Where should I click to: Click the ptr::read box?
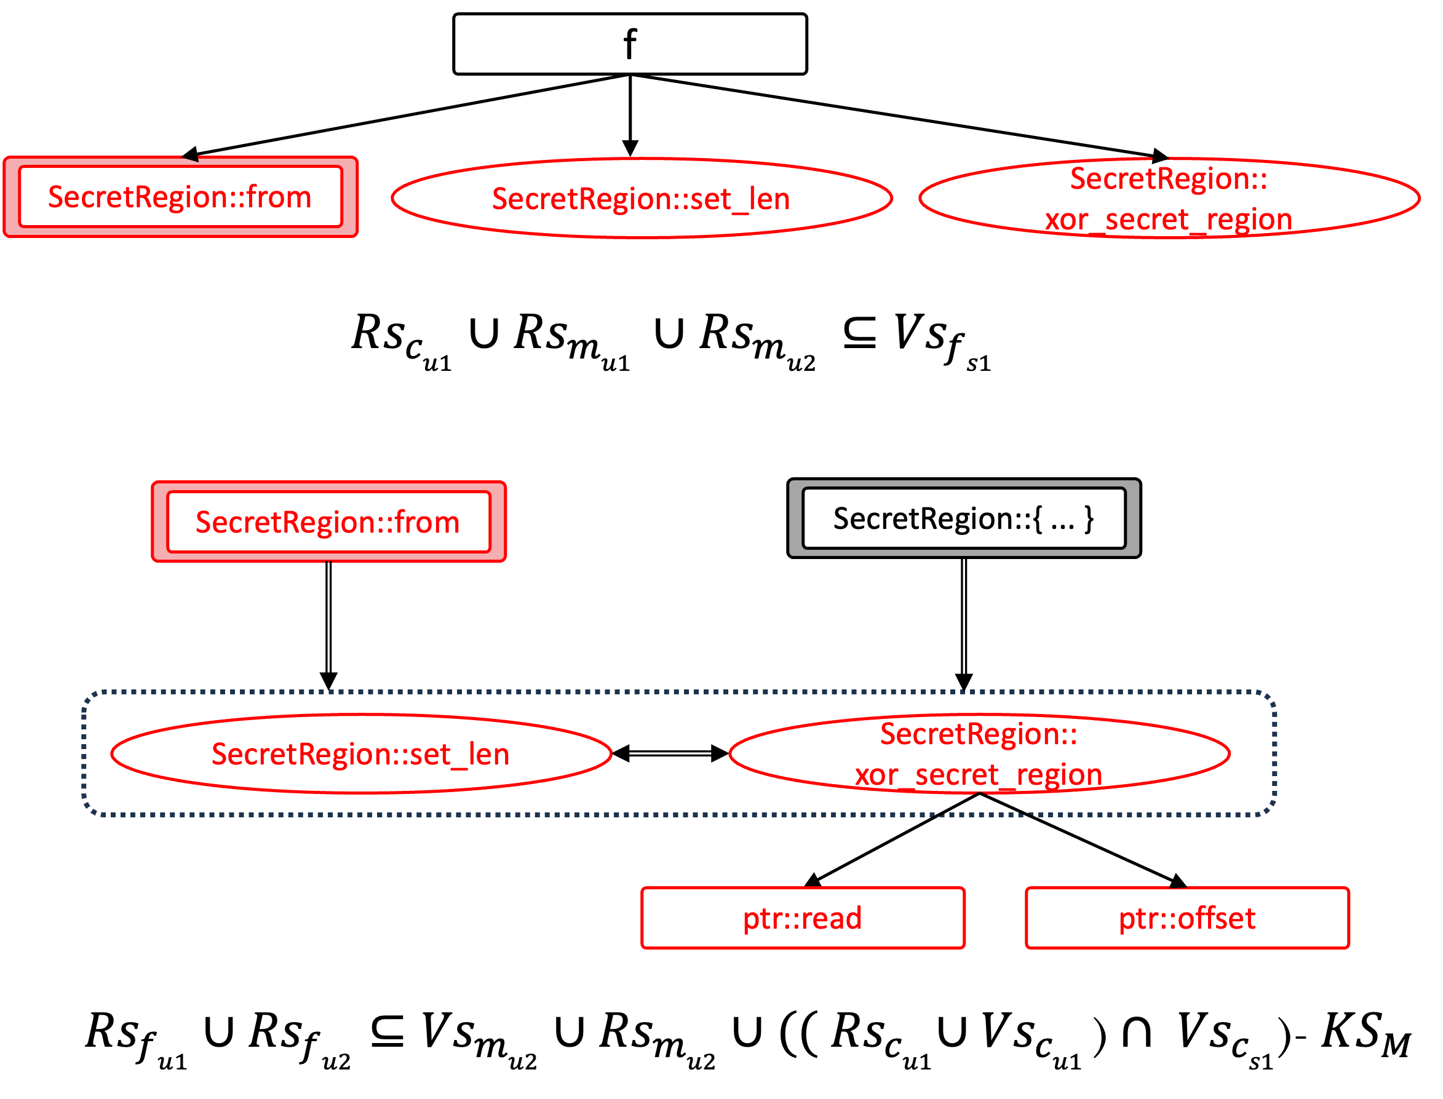[x=803, y=918]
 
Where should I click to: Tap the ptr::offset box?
[x=1187, y=918]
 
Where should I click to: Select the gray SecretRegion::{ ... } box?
[x=963, y=518]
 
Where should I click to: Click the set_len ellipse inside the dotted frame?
[x=361, y=753]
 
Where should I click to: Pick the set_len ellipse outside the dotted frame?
[x=641, y=198]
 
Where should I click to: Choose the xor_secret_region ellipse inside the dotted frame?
[x=979, y=753]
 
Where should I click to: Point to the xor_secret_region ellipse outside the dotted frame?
[x=1169, y=198]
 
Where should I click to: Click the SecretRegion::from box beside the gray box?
[x=328, y=522]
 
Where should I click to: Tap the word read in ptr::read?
[x=831, y=918]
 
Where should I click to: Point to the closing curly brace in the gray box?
[x=1089, y=518]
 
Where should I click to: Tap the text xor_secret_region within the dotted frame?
[x=979, y=775]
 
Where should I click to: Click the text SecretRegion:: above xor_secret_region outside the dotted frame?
[x=1168, y=178]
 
